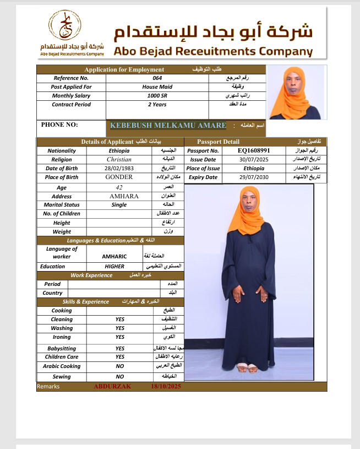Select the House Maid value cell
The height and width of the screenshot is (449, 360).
click(157, 87)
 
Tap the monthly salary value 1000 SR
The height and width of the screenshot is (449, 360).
click(157, 96)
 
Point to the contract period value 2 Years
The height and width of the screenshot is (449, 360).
click(157, 105)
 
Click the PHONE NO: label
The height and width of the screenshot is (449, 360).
click(59, 125)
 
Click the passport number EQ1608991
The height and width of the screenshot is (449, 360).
click(254, 150)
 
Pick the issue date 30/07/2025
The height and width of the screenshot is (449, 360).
click(254, 159)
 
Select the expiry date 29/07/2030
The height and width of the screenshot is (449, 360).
click(254, 177)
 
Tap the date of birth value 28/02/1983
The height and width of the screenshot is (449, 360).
click(119, 169)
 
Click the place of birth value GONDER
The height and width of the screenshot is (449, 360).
click(119, 177)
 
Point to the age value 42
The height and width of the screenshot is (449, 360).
click(119, 187)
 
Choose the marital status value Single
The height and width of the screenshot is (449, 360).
click(119, 205)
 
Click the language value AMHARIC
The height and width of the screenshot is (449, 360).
click(114, 257)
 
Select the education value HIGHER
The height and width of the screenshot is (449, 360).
click(114, 266)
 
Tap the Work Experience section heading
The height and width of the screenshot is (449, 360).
click(91, 275)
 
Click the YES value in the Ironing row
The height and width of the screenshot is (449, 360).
click(120, 337)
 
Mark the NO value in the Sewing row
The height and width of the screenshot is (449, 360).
click(120, 377)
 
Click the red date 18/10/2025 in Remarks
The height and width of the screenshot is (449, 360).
click(166, 387)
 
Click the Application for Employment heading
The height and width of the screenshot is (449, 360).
click(124, 69)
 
